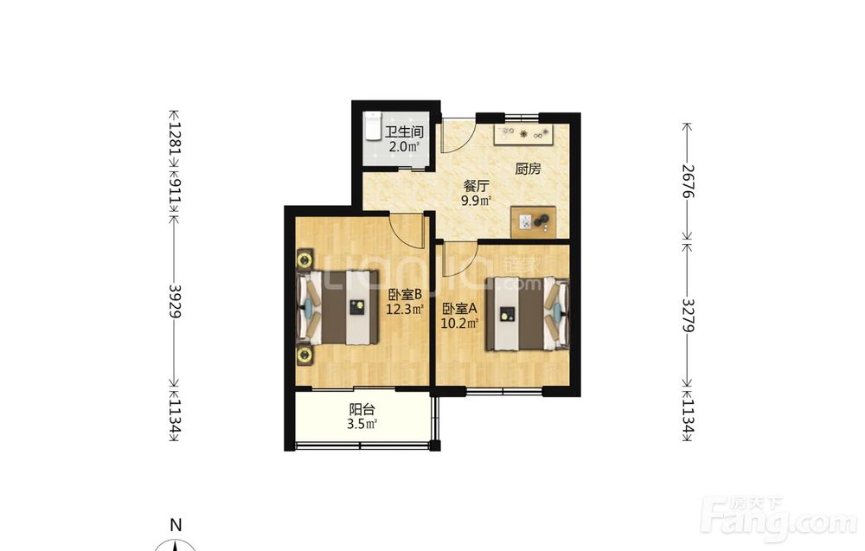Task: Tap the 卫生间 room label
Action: [404, 132]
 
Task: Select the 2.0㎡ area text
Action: [404, 147]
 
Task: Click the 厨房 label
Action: [528, 169]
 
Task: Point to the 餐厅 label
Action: [476, 186]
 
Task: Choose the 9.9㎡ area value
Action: [476, 200]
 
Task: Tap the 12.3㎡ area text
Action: [405, 309]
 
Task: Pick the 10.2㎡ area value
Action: [459, 324]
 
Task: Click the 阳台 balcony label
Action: [362, 409]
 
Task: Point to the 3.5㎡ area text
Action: [362, 424]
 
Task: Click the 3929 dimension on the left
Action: [175, 301]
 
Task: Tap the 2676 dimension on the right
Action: [688, 181]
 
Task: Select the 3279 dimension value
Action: [688, 315]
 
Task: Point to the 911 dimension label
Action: [175, 188]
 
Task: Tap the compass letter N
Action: [176, 524]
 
